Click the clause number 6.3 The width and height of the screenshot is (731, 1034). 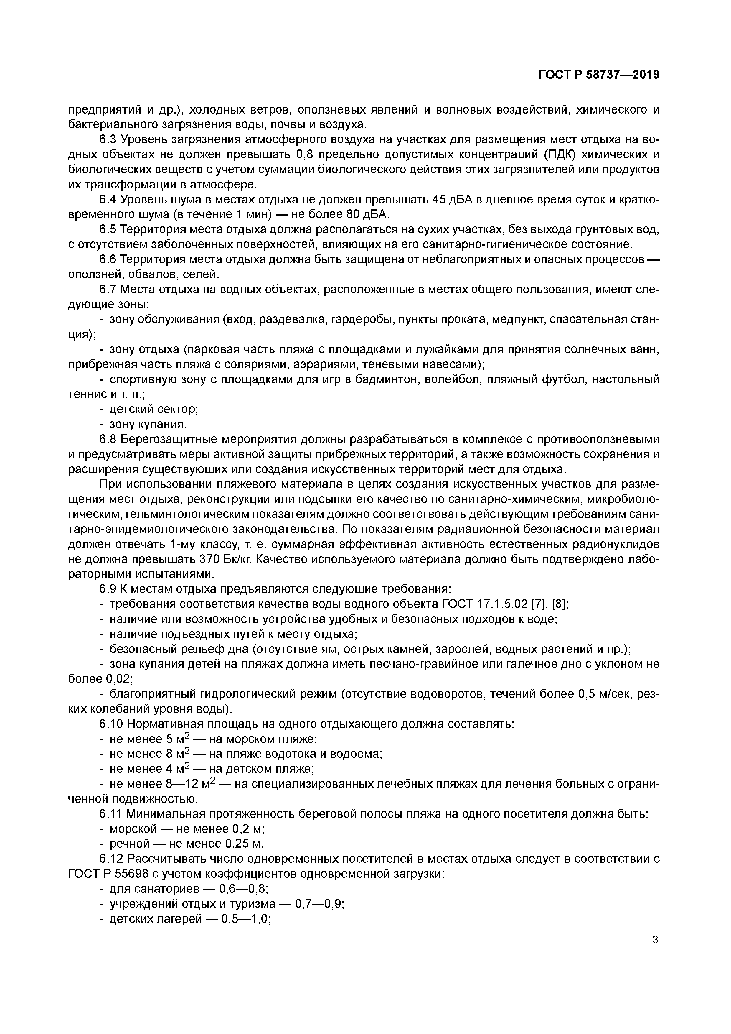(x=108, y=140)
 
